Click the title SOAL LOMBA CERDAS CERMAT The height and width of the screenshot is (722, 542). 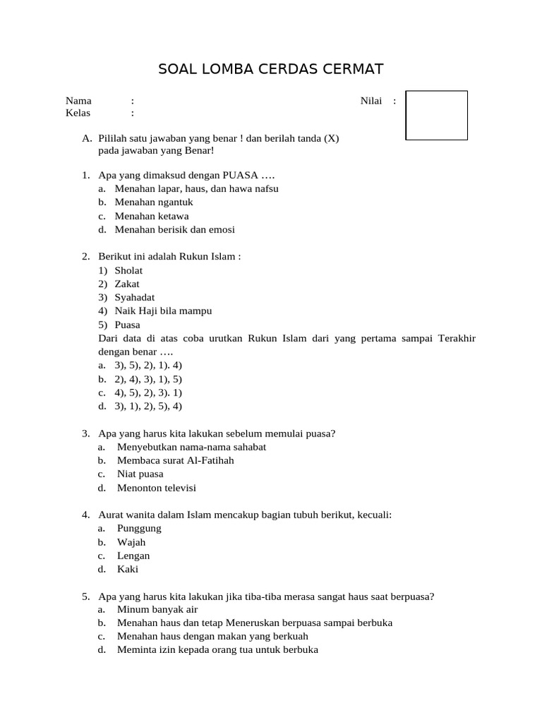pos(271,69)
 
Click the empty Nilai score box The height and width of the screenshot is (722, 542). pos(436,115)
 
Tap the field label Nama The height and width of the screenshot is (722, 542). pos(78,101)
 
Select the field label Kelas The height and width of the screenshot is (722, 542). pos(78,113)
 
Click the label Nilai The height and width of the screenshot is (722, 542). pos(371,101)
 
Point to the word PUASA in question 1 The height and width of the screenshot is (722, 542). pos(240,175)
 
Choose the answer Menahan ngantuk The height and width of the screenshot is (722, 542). pos(154,202)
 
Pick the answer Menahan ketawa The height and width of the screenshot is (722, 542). pos(152,216)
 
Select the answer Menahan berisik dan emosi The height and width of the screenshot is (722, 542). pos(175,229)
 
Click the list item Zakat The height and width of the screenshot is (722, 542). pos(127,283)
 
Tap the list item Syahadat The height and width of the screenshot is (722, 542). pos(134,298)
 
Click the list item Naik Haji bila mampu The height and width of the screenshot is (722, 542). pos(163,311)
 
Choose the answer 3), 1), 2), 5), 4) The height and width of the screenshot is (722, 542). pos(149,406)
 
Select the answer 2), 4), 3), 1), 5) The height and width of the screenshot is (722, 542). pos(149,379)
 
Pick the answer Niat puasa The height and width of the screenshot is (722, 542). pos(140,474)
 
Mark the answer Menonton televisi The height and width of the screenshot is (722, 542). pos(157,488)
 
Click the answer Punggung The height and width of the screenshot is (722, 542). pos(139,528)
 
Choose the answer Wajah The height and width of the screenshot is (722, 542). pos(131,542)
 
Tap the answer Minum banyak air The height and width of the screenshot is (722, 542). pos(157,609)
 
